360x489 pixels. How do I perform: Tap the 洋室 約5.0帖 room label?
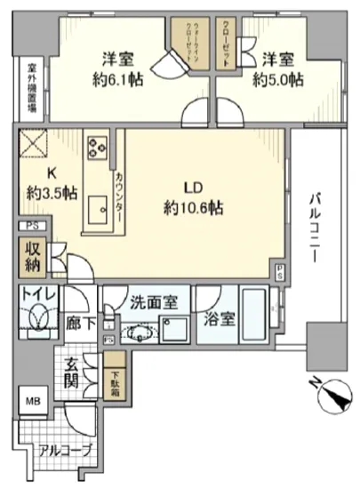pos(277,69)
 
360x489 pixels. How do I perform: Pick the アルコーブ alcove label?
pos(64,450)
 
